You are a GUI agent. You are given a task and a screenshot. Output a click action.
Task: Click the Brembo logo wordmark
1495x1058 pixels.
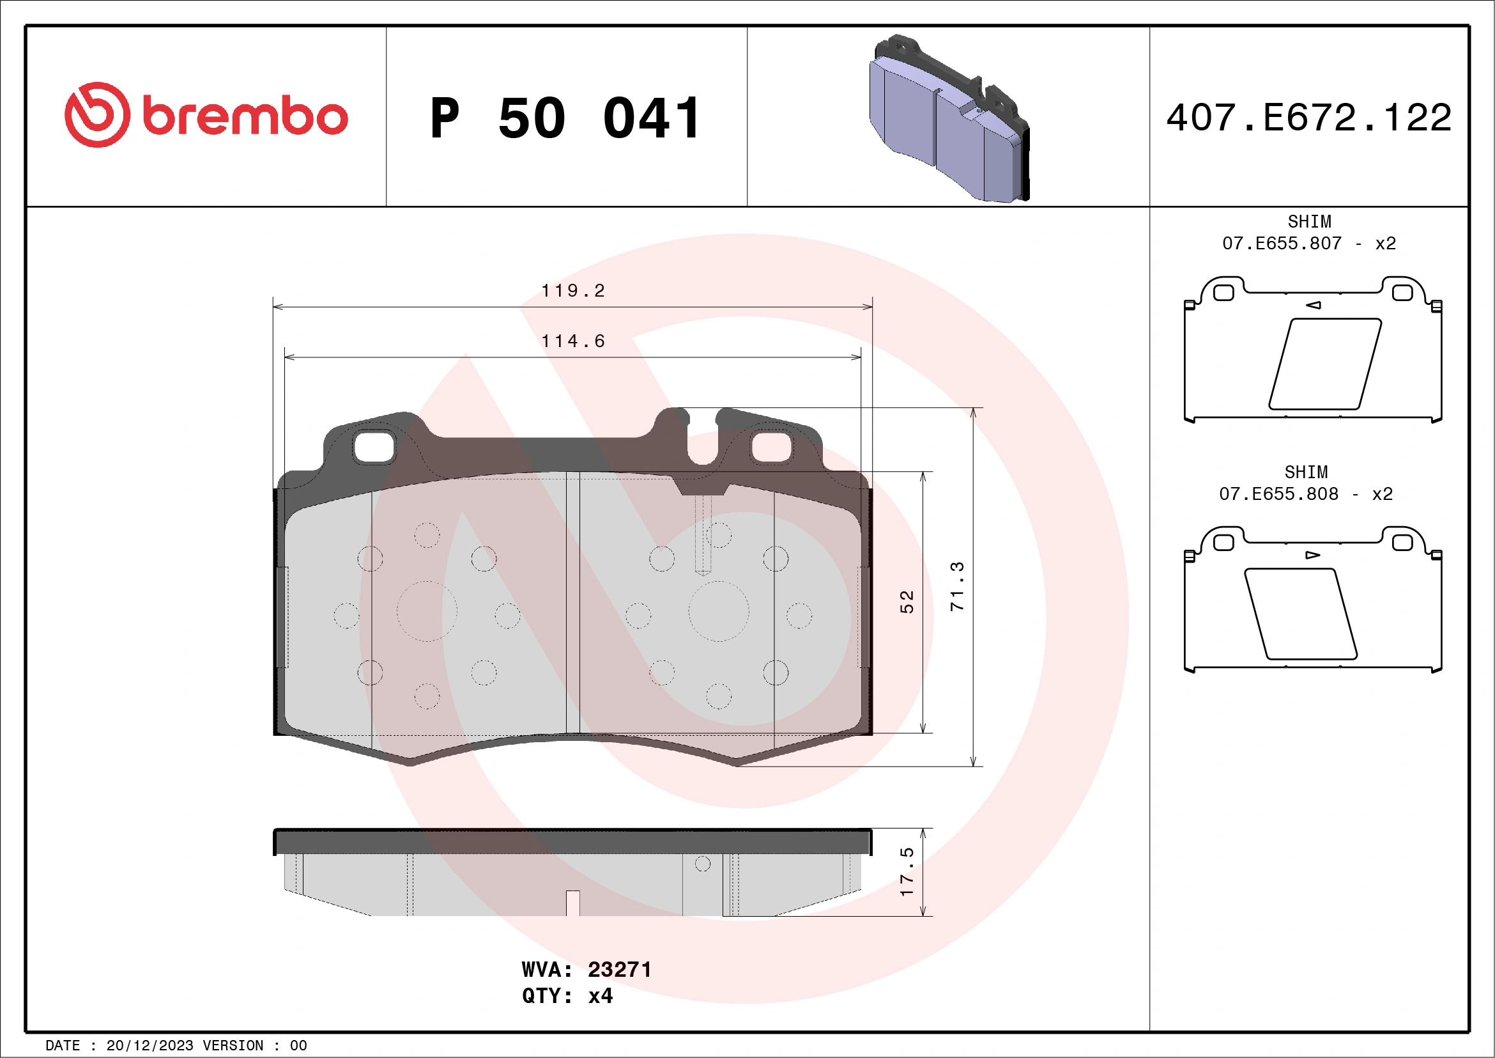pyautogui.click(x=244, y=117)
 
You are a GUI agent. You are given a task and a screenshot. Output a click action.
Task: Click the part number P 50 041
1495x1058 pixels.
pyautogui.click(x=565, y=118)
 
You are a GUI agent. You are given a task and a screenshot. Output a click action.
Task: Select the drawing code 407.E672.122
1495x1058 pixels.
pyautogui.click(x=1309, y=118)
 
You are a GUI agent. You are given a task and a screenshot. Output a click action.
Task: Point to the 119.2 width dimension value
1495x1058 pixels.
pyautogui.click(x=573, y=291)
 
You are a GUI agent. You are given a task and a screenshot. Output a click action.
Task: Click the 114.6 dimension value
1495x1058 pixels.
pyautogui.click(x=573, y=341)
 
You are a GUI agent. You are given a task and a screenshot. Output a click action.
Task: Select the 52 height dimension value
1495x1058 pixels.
pyautogui.click(x=907, y=602)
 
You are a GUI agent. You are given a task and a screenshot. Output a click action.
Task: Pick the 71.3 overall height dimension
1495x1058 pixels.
pyautogui.click(x=956, y=586)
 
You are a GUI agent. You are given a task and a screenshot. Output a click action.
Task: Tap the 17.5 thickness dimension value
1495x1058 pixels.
pyautogui.click(x=907, y=872)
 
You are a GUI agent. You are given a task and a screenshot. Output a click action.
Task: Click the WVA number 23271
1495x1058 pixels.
pyautogui.click(x=619, y=969)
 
